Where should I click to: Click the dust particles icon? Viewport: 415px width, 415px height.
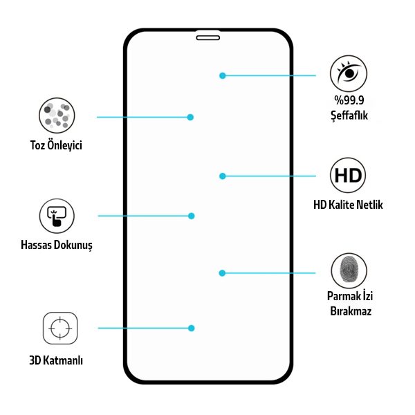pos(57,116)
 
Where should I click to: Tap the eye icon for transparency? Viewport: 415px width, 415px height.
pos(349,73)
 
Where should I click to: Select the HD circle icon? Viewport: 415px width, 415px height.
pos(348,175)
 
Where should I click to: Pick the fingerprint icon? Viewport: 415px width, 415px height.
pos(349,270)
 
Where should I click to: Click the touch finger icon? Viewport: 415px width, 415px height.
pos(57,216)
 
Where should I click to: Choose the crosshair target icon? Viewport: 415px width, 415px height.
pos(60,328)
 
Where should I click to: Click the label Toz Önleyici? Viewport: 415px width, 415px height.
pos(56,145)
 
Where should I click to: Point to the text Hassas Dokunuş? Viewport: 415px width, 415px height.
pos(57,245)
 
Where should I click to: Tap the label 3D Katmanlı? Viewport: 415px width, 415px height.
pos(56,360)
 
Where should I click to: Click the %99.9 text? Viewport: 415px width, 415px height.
pos(349,100)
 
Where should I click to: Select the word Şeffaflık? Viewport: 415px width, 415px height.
pos(349,116)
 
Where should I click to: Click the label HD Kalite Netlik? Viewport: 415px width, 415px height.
pos(348,205)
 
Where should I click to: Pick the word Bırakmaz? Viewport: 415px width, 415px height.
pos(351,311)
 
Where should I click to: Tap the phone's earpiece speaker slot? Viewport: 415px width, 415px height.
pos(208,38)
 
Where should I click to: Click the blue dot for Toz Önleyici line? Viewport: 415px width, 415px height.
pos(190,117)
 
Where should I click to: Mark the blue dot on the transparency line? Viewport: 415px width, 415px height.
pos(223,75)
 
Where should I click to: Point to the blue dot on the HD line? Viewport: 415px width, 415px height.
pos(223,176)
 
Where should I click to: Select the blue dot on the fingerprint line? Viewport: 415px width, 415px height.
pos(222,273)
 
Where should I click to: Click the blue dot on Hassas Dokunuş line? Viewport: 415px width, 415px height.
pos(192,216)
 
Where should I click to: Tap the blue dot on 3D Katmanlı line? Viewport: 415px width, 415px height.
pos(192,328)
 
